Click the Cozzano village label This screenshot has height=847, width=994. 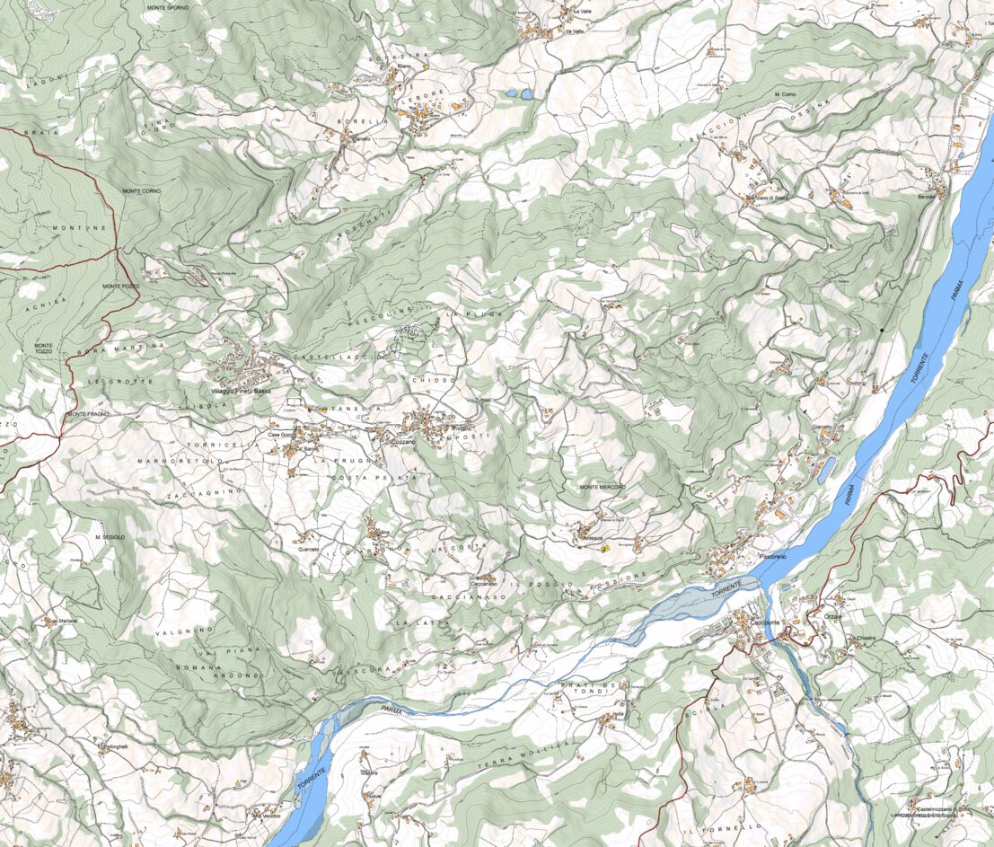403,443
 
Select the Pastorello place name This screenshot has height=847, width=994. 772,557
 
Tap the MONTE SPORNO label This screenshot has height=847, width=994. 168,7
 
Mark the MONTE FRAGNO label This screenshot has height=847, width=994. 87,414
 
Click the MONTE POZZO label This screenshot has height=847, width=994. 121,286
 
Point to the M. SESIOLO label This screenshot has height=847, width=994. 110,536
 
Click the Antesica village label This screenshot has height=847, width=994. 594,537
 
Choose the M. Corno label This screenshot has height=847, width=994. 784,94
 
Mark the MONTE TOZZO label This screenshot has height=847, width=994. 43,348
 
